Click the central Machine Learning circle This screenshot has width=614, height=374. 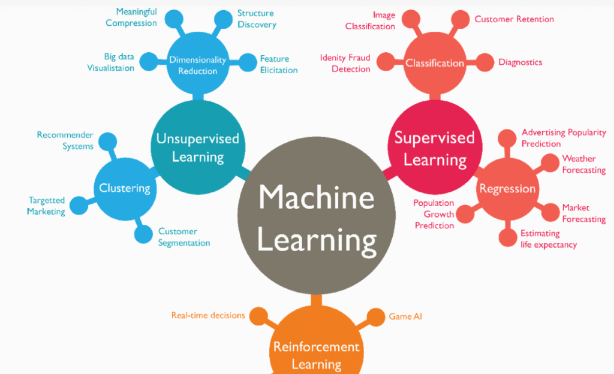(x=317, y=219)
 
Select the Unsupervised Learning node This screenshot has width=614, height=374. (x=197, y=147)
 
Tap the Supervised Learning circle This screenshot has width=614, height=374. (x=434, y=149)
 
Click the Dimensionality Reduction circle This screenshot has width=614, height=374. (x=197, y=65)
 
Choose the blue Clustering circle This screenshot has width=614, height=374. (x=124, y=188)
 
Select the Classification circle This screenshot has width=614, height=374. (x=435, y=63)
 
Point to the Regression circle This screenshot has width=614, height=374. (x=507, y=189)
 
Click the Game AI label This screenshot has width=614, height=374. (x=405, y=316)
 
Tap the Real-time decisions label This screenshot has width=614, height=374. (x=207, y=315)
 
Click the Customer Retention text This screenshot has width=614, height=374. (x=514, y=19)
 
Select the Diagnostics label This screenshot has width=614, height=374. (x=520, y=62)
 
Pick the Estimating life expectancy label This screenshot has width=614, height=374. (x=548, y=239)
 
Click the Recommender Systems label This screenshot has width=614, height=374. (x=65, y=140)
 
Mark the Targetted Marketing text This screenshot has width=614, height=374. (x=47, y=206)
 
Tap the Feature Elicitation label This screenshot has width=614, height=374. (x=278, y=65)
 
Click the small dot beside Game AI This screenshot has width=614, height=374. (x=375, y=316)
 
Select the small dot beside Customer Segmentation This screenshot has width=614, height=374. (x=143, y=234)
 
